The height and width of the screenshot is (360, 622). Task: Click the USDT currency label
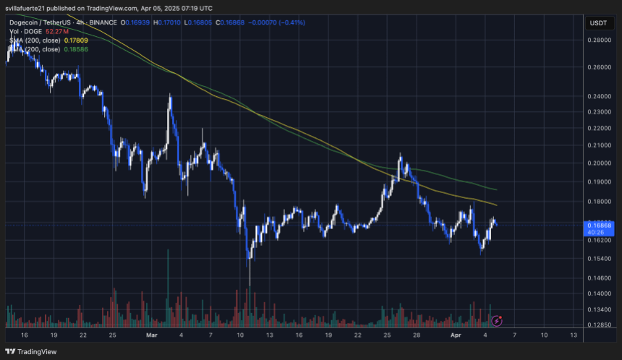tap(598, 22)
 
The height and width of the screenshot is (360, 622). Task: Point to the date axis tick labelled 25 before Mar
tap(112, 335)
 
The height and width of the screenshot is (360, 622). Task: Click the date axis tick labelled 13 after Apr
tap(574, 335)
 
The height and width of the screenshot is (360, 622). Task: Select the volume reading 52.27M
tap(56, 32)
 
